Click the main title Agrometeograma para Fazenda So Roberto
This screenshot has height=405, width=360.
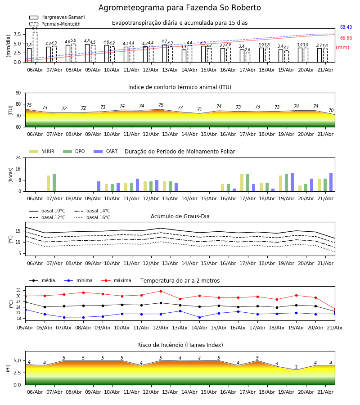[x=180, y=8]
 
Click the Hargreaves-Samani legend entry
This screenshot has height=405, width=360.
[x=57, y=17]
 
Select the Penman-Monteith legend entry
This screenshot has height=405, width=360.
[x=55, y=24]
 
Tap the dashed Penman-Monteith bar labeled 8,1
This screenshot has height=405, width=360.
[x=35, y=47]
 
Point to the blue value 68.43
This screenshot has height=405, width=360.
[x=346, y=27]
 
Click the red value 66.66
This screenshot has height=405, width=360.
[x=346, y=38]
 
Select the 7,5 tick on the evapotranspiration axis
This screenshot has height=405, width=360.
[x=17, y=34]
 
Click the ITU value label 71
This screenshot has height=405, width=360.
[x=199, y=109]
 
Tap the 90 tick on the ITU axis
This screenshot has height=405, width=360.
[x=18, y=93]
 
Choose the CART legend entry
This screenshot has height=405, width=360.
[x=106, y=151]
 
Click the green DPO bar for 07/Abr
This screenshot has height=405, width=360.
[x=54, y=183]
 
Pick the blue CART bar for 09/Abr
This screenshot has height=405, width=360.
[x=99, y=186]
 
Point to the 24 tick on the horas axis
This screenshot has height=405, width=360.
[x=18, y=157]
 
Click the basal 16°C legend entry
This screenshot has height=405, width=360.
[x=92, y=217]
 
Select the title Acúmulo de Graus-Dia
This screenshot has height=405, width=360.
[x=180, y=216]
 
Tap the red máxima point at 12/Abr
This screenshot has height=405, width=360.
[x=161, y=291]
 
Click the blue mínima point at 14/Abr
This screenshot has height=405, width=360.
[x=200, y=317]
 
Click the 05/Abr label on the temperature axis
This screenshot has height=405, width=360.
[x=25, y=328]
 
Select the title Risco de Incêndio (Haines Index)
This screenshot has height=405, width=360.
[x=180, y=345]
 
